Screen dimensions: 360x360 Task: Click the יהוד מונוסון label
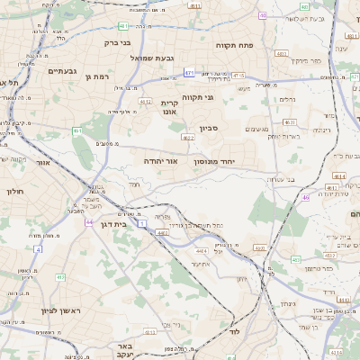pos(239,160)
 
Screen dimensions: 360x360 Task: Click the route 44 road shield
pos(87,221)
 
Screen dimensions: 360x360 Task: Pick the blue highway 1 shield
pos(141,223)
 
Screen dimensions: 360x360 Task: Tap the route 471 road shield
pos(189,72)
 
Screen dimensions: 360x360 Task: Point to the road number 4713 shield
pos(238,76)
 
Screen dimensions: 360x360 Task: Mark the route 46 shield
pos(306,196)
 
